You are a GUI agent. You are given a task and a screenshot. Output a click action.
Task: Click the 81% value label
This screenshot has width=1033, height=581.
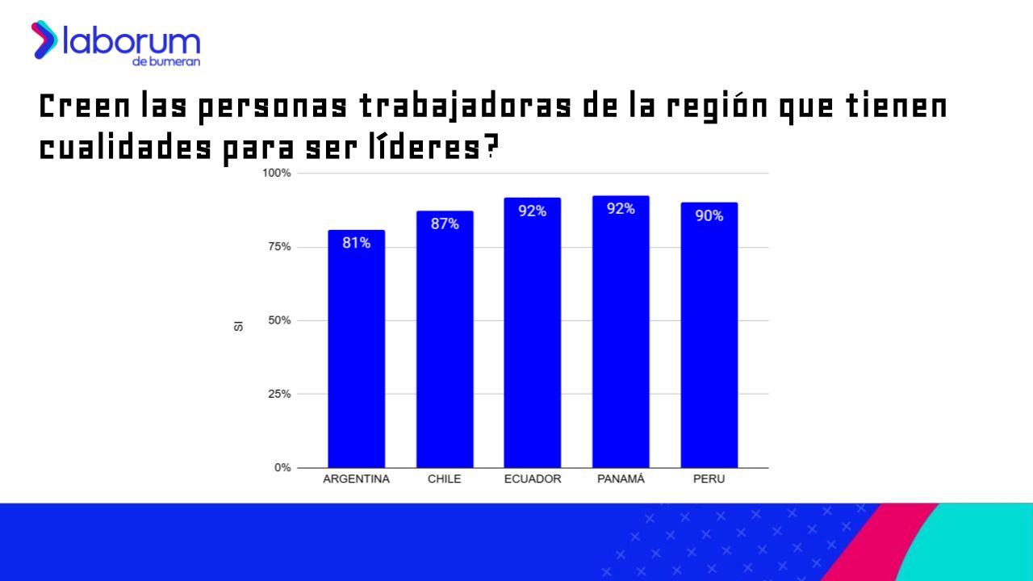[356, 242]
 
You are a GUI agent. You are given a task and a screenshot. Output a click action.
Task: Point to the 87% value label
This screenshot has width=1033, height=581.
[445, 224]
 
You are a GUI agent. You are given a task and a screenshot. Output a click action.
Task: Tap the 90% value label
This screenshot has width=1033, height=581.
[709, 215]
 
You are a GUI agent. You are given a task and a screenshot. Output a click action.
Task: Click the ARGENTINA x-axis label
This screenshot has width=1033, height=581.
[356, 479]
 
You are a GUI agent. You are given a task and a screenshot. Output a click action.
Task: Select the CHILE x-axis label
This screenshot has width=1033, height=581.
[445, 479]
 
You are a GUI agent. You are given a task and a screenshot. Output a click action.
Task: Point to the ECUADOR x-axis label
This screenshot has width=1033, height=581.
[533, 479]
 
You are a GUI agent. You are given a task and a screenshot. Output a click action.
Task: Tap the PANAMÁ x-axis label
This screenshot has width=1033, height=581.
[621, 479]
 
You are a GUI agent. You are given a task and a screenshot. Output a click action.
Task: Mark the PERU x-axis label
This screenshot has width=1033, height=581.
[709, 479]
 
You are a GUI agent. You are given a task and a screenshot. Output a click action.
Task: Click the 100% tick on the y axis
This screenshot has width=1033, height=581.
[277, 173]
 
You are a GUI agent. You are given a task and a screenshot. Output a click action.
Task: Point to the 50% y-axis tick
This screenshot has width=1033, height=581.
[279, 320]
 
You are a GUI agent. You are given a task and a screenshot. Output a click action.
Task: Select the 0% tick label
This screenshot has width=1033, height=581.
[282, 468]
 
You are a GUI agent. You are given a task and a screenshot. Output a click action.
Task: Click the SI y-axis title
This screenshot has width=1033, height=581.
[239, 325]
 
